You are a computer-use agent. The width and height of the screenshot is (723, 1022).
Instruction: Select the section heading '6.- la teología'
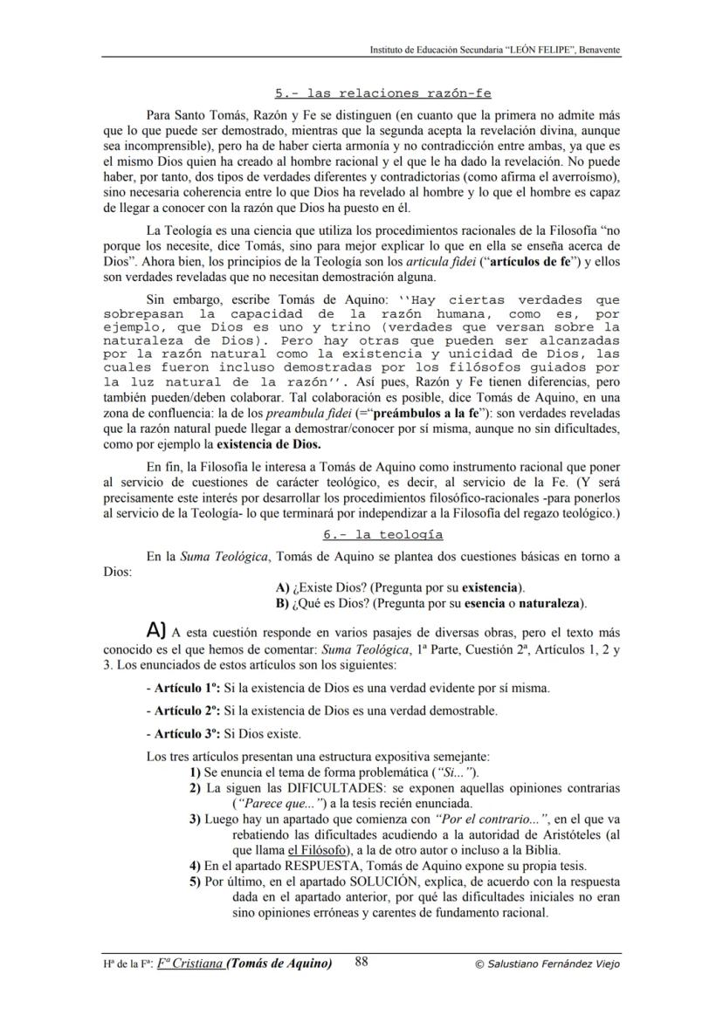(x=382, y=534)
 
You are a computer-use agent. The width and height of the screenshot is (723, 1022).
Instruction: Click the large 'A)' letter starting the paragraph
(x=156, y=629)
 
